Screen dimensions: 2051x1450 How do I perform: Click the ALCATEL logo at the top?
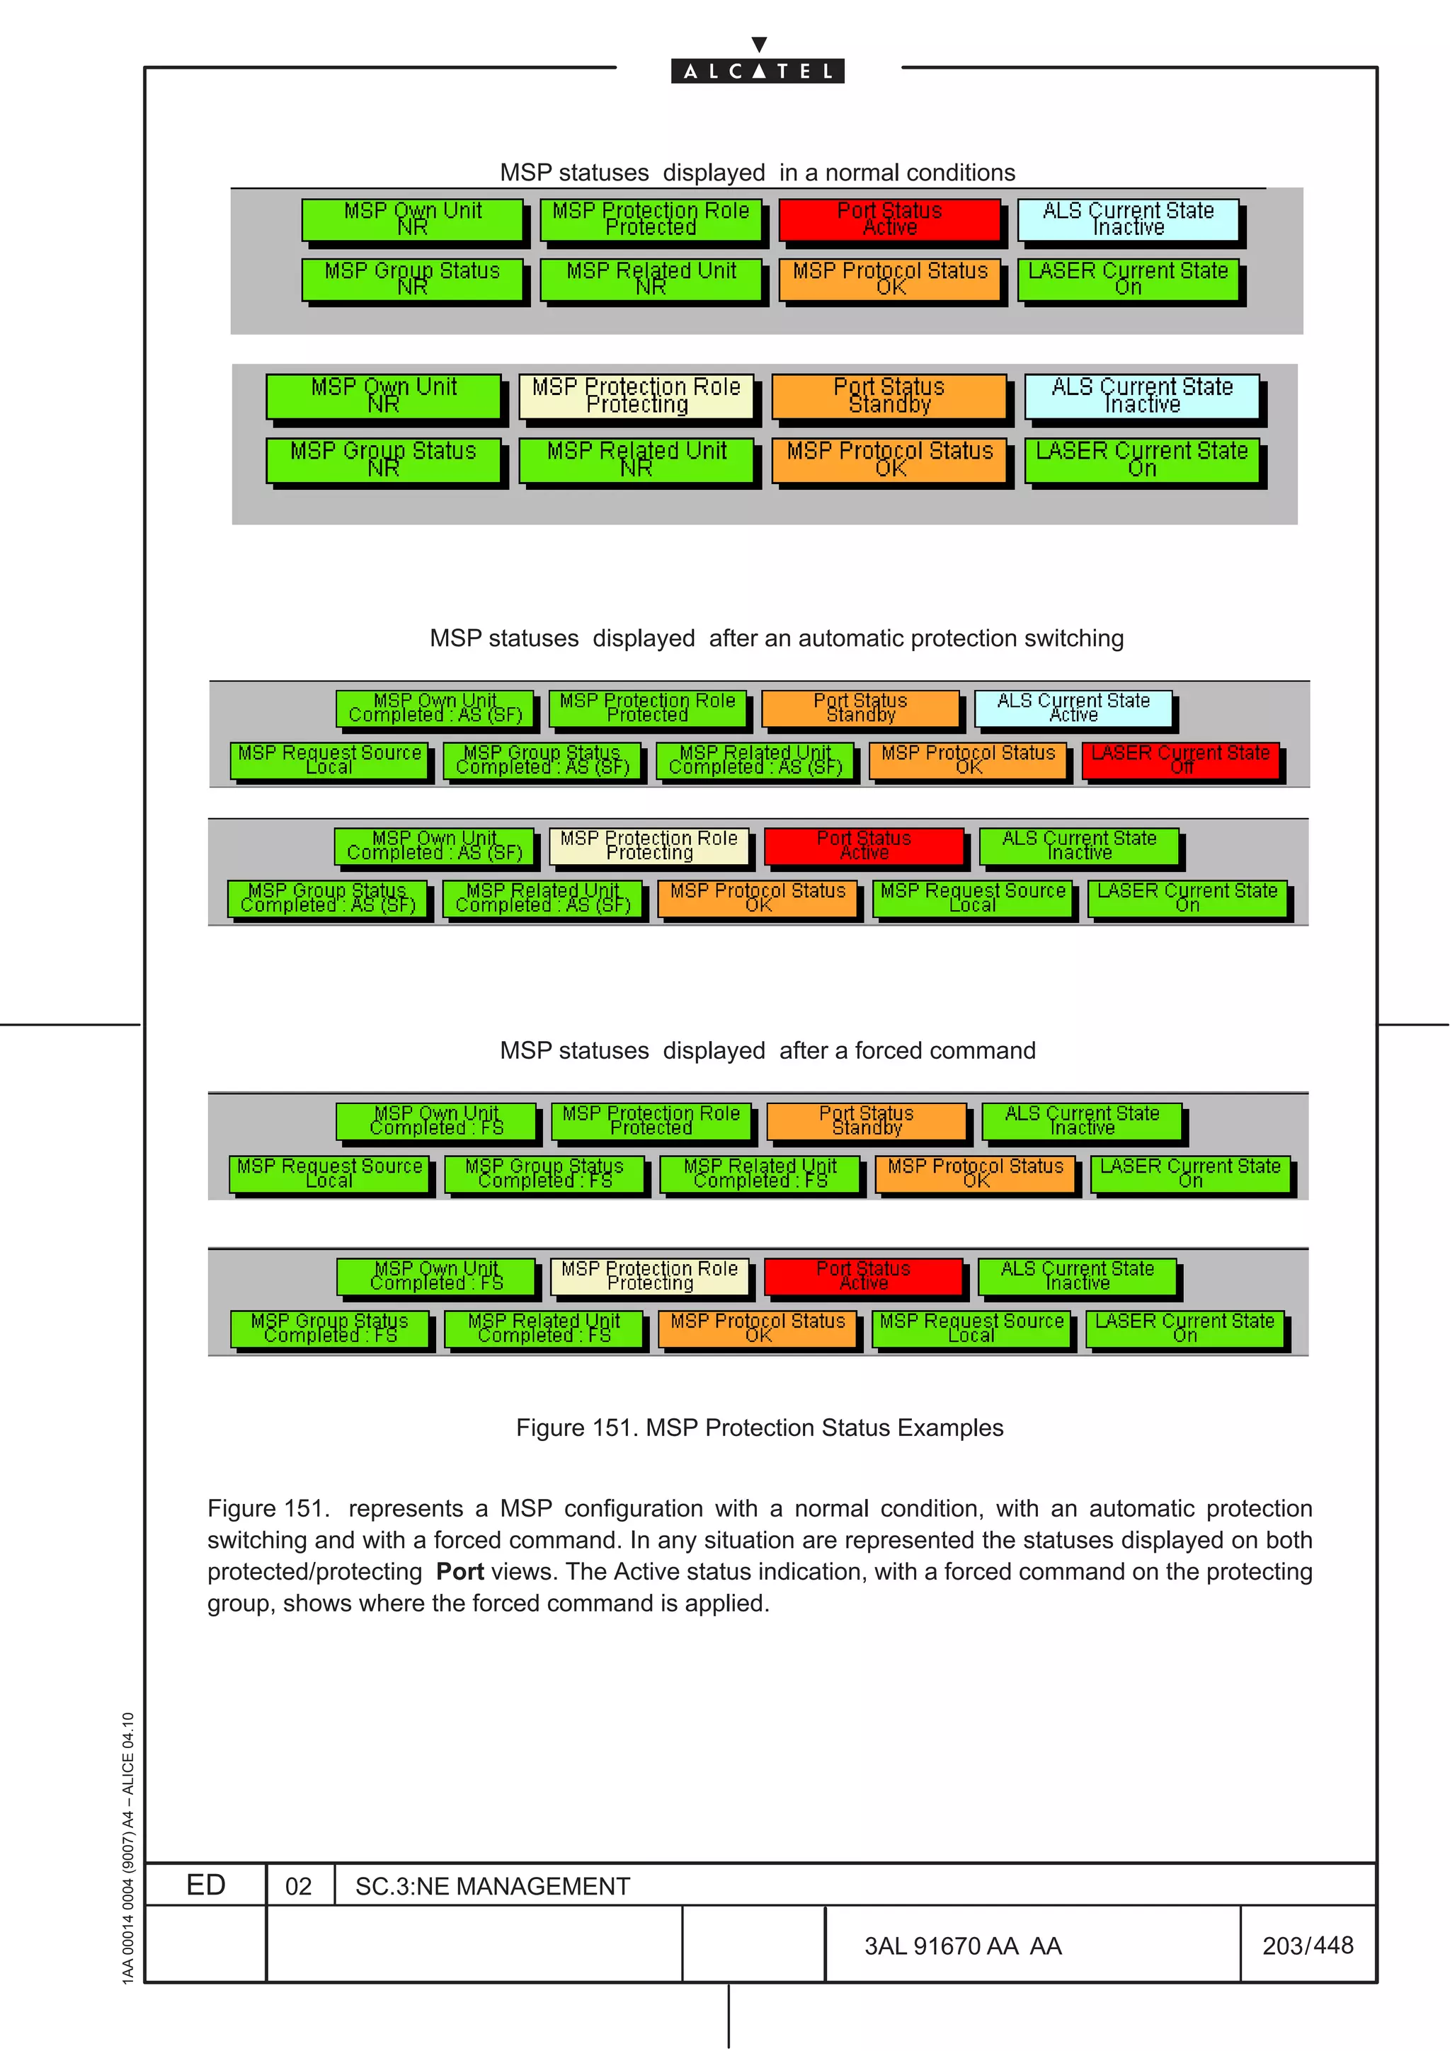click(757, 71)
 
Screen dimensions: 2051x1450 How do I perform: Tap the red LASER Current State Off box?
click(1180, 760)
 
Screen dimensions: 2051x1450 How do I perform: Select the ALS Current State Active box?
click(1072, 708)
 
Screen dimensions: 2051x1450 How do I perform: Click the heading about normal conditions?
click(757, 173)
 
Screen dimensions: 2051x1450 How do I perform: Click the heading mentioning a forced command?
click(767, 1050)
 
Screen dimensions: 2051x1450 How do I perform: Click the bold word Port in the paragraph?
click(459, 1571)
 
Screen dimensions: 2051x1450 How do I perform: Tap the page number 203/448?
click(1307, 1945)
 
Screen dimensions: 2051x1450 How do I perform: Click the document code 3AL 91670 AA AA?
click(962, 1946)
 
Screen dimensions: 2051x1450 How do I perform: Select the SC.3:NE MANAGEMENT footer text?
click(492, 1885)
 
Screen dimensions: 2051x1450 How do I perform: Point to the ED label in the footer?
click(205, 1885)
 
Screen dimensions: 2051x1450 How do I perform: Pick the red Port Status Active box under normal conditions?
click(889, 219)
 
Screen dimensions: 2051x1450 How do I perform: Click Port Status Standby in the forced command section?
click(866, 1121)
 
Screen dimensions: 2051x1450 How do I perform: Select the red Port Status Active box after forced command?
click(863, 1275)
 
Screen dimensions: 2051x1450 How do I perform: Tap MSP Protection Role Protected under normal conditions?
click(651, 219)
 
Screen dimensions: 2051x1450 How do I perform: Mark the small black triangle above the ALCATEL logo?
click(758, 44)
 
